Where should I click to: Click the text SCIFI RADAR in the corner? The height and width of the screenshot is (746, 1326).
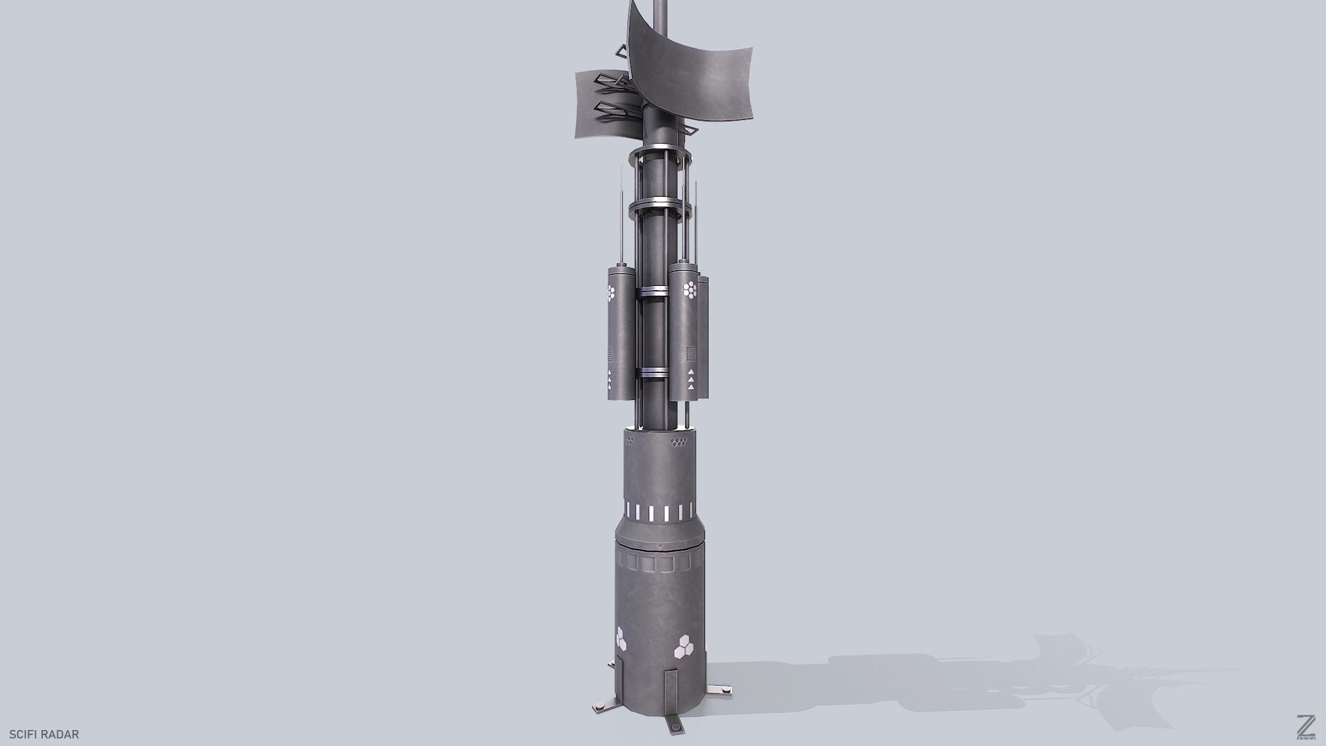44,734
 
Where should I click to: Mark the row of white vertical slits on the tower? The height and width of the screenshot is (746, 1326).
659,513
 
